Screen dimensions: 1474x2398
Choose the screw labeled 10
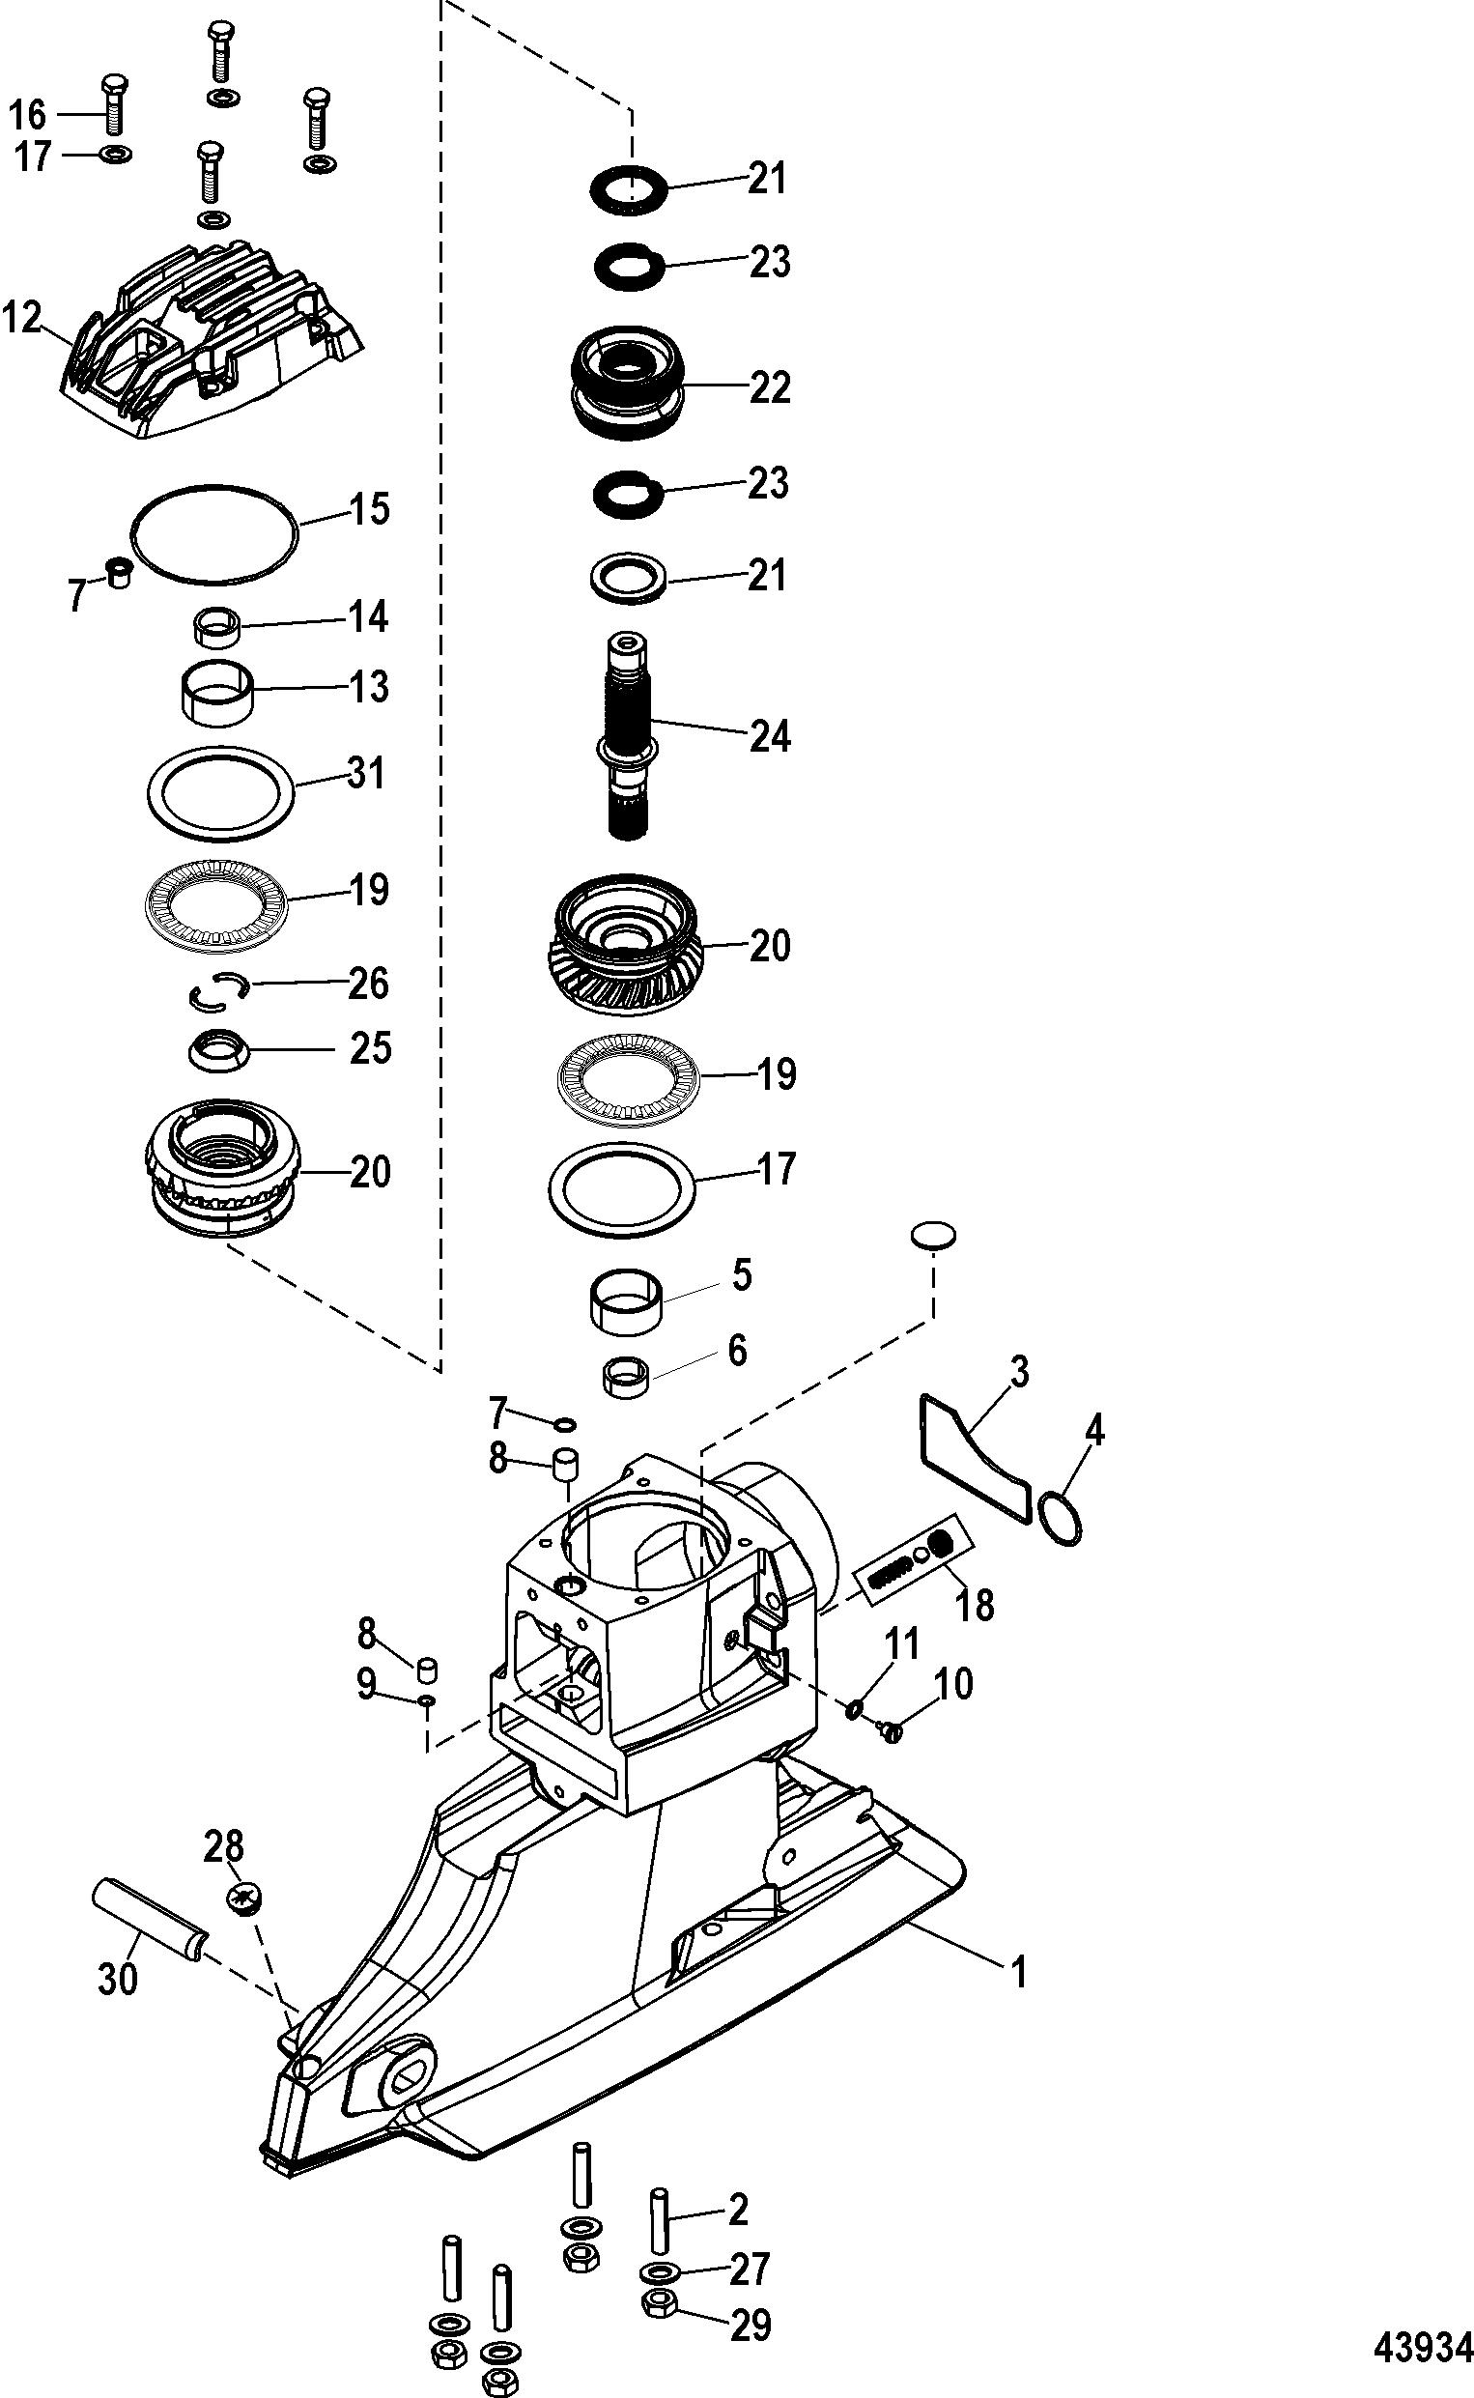[x=891, y=1728]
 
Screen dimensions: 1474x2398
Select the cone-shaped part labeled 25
[x=219, y=1050]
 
